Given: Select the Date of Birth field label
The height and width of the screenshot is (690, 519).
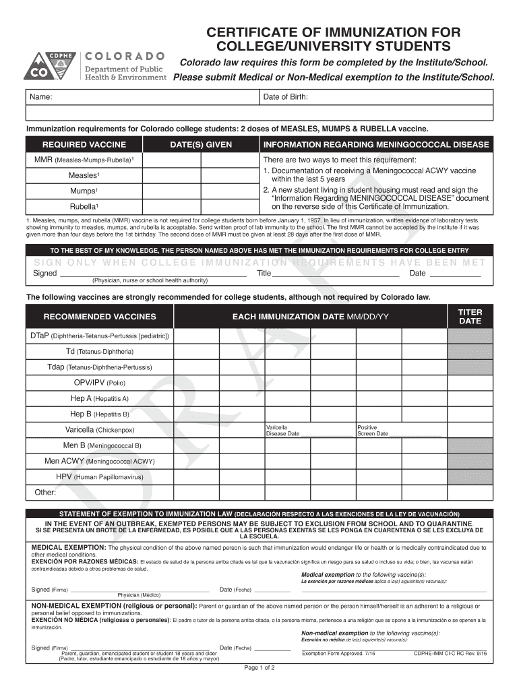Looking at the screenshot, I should click(286, 98).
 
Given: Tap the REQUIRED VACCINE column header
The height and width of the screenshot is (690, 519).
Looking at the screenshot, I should click(84, 145).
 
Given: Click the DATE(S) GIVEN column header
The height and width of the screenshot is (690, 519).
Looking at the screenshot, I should click(201, 145).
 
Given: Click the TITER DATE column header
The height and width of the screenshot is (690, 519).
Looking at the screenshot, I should click(470, 317).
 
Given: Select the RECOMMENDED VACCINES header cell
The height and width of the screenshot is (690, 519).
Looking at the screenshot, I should click(100, 317).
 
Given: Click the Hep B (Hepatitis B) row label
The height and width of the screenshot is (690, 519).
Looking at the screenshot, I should click(100, 414).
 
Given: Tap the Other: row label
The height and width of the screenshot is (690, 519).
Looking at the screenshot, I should click(45, 493).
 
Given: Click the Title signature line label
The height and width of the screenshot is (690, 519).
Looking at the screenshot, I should click(264, 274).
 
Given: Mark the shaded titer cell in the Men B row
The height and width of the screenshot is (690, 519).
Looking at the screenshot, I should click(470, 445).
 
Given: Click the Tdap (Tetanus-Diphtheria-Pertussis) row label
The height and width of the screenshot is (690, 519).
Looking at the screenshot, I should click(100, 367).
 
